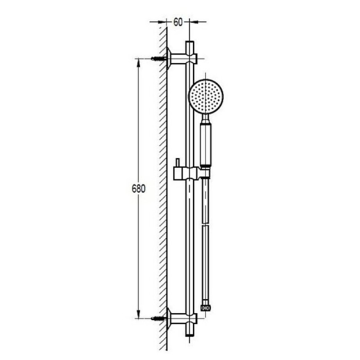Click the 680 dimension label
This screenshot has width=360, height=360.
click(139, 189)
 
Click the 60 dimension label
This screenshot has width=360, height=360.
click(178, 22)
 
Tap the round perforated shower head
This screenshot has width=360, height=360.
click(206, 97)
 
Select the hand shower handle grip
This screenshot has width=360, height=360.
click(205, 144)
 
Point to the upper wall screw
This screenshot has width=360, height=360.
click(158, 58)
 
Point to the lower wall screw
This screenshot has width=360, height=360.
click(158, 318)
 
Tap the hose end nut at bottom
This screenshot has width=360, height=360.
click(206, 308)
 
